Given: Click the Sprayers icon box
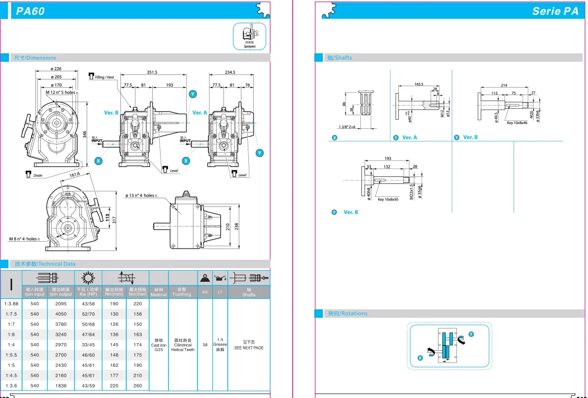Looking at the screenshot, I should click(249, 36).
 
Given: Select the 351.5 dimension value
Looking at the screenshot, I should click(152, 72).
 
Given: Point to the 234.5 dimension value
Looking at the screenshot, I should click(230, 72).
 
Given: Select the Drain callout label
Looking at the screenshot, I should click(38, 175).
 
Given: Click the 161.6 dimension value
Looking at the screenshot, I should click(74, 174).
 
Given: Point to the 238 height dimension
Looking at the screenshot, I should click(237, 226).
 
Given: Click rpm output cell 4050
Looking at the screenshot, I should click(60, 314).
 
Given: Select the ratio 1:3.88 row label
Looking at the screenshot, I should click(12, 304).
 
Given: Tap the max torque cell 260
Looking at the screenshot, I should click(138, 386).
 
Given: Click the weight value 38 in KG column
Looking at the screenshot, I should click(205, 345).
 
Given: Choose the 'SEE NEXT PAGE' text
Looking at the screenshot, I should click(249, 348).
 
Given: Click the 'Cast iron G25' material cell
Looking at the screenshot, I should click(158, 345).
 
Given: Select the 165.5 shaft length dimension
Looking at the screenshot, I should click(419, 84).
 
